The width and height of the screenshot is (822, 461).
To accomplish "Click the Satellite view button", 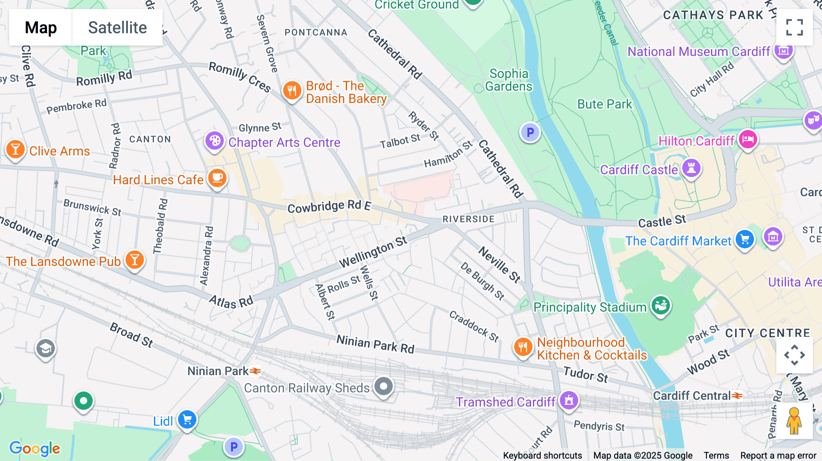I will point(117,27).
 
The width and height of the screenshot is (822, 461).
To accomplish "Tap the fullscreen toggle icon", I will point(794,27).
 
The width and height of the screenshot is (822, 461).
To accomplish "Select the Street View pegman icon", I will point(794,421).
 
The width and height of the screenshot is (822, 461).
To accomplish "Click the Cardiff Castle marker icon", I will point(691,168).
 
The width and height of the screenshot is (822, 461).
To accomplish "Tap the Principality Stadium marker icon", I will point(660,305).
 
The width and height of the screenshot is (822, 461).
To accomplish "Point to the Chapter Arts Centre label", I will point(284,142).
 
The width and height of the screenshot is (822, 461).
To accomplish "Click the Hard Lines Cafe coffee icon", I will point(217,178).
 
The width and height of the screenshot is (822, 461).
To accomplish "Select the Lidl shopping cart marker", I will point(187,419).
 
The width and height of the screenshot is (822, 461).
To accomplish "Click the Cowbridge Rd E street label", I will point(329,207).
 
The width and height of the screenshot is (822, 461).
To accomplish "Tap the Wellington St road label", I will point(373,252).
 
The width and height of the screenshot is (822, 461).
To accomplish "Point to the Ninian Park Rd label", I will point(375,344).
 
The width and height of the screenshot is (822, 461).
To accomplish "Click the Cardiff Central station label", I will point(691,396).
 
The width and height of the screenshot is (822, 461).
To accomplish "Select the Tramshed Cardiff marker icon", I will point(569,401).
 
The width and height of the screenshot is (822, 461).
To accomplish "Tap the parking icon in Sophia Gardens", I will point(530,132).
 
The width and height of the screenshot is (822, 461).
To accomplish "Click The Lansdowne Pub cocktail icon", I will point(134,260).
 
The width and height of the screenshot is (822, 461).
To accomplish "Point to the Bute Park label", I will point(604,104).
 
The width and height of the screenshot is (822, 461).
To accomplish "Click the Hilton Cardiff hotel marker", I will point(748,139).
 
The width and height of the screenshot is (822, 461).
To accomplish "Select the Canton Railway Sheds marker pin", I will point(384,386).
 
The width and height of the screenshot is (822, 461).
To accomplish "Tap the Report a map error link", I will point(778,455).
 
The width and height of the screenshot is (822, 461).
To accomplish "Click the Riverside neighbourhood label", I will point(468,219).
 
